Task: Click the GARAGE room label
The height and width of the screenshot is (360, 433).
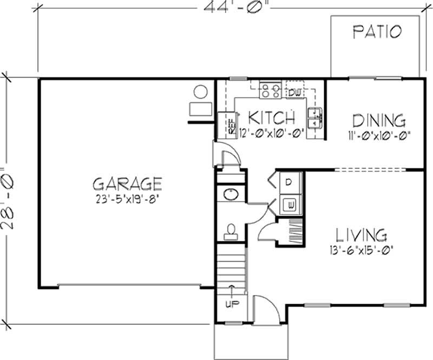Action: click(x=127, y=182)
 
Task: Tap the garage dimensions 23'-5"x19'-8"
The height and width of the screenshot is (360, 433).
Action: click(x=127, y=198)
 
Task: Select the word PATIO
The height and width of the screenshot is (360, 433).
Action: click(x=377, y=31)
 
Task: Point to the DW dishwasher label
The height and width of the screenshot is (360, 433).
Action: click(x=294, y=93)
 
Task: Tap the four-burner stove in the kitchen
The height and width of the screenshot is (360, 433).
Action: click(x=270, y=90)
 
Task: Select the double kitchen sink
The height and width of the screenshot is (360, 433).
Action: click(x=314, y=114)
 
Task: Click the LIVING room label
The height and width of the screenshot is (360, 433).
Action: click(x=362, y=235)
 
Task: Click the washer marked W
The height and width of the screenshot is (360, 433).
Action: click(x=291, y=205)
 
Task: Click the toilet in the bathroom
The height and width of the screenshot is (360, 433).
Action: click(x=230, y=231)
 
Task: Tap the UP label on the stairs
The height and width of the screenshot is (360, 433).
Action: click(x=231, y=304)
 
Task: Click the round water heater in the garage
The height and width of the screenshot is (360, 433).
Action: click(x=201, y=91)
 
